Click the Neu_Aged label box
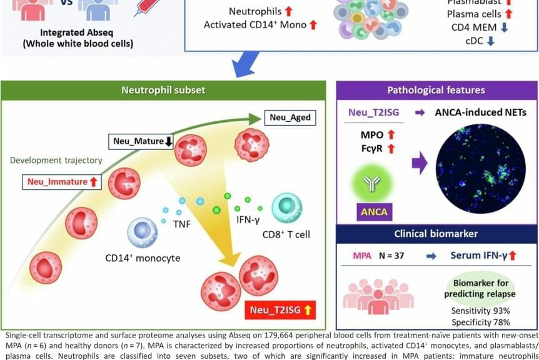click(290, 117)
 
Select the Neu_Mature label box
click(142, 141)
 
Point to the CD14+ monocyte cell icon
click(142, 233)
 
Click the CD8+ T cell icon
click(287, 209)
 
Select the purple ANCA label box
click(373, 211)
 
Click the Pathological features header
click(436, 91)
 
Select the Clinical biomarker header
click(436, 234)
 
